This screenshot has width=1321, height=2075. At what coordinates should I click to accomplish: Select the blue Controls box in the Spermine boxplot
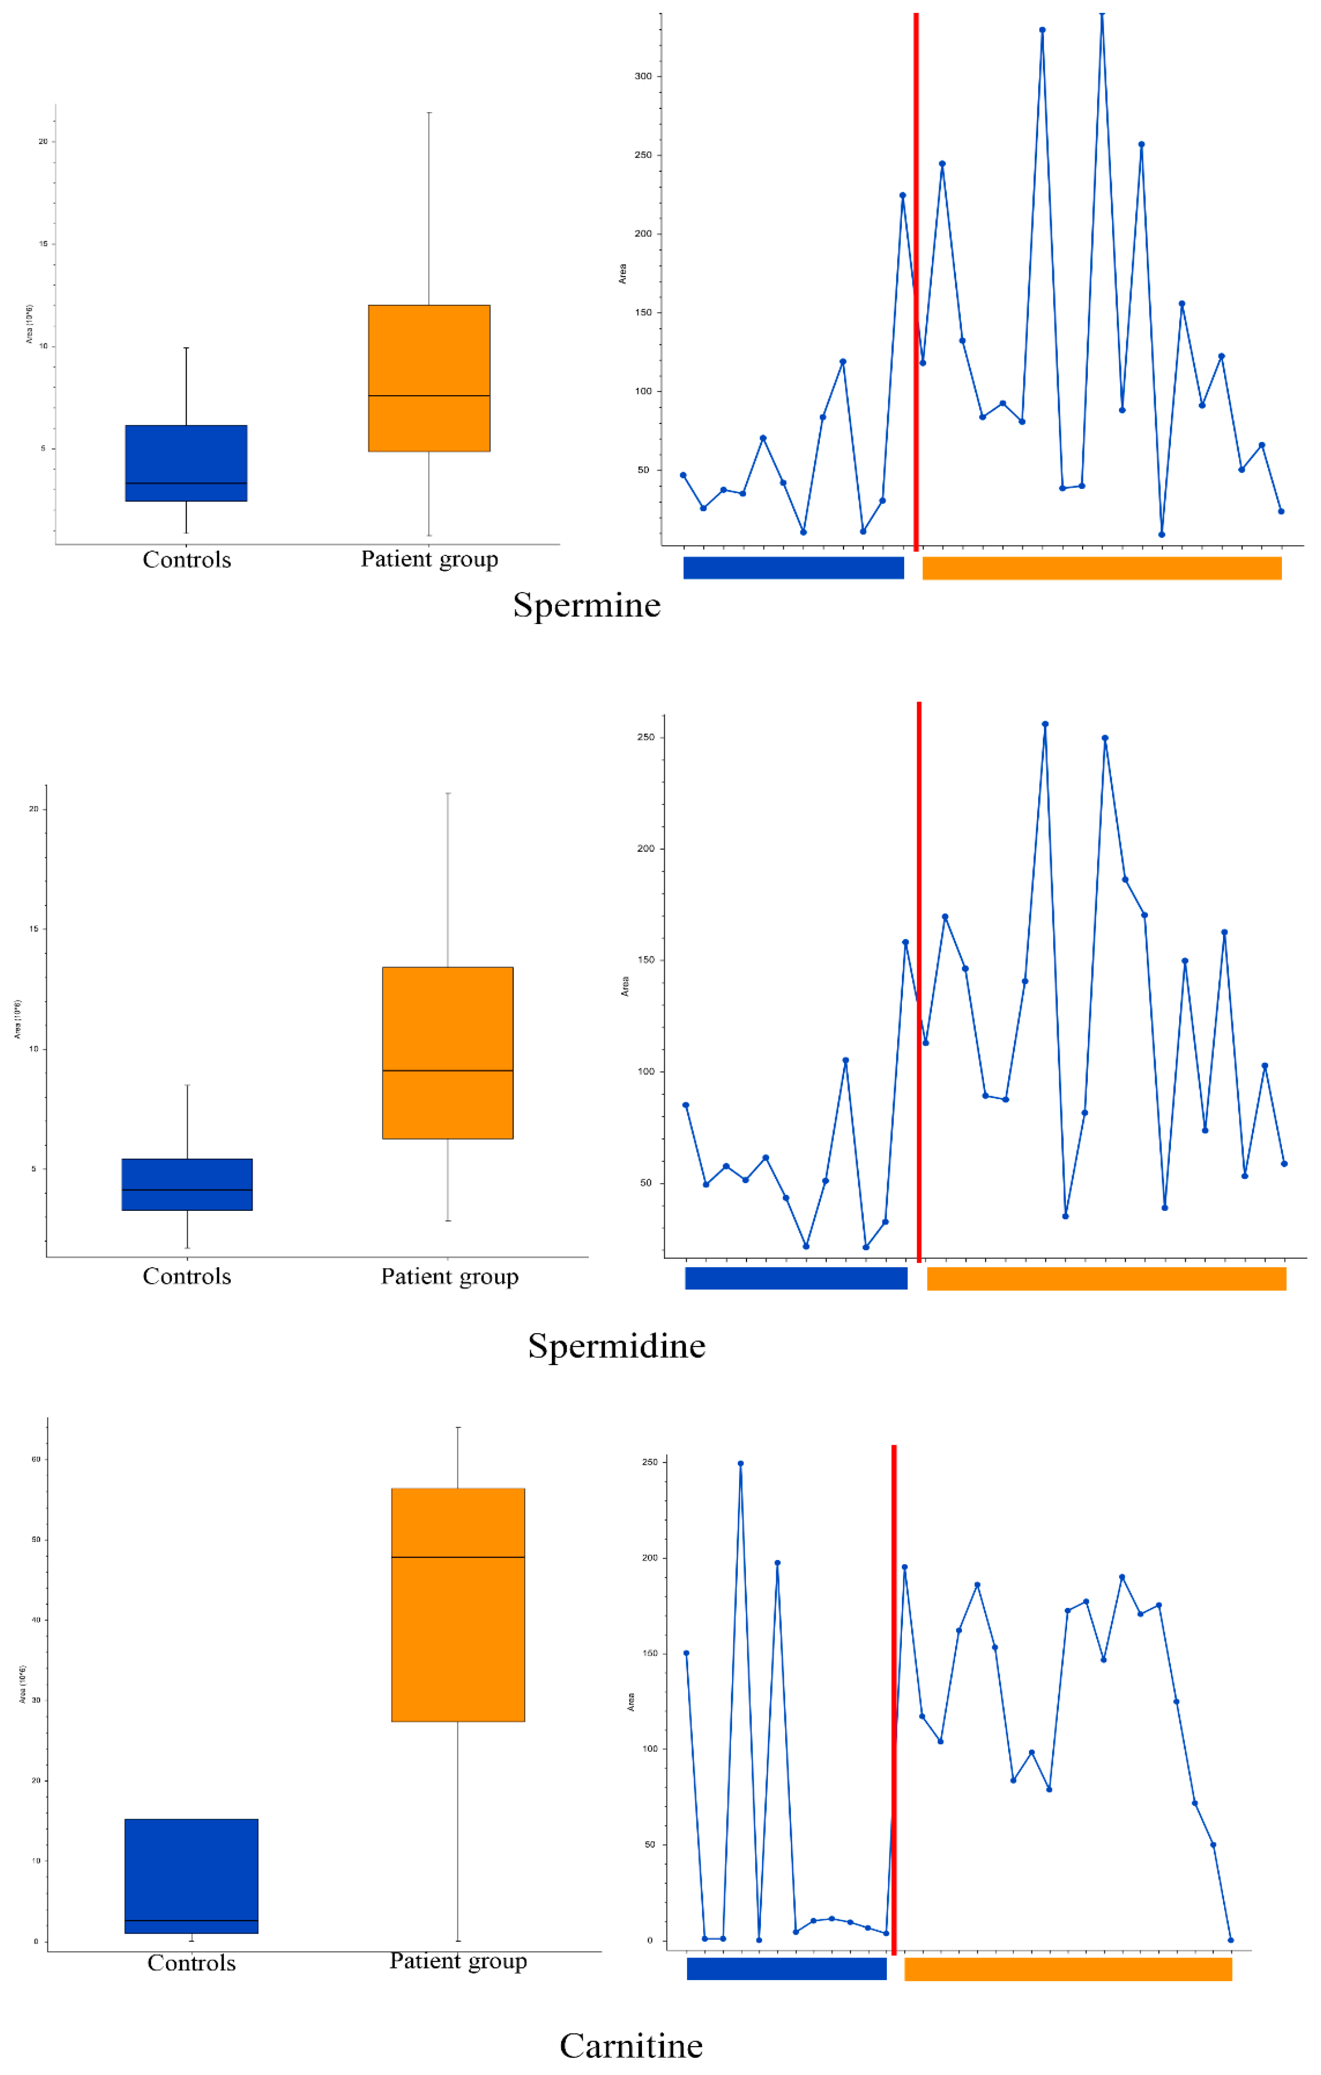[186, 463]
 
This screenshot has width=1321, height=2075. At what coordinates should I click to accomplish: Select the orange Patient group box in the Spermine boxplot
[429, 378]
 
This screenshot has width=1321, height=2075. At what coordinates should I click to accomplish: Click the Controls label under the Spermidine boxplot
[187, 1276]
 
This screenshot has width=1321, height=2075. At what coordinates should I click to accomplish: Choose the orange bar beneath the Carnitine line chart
[1068, 1969]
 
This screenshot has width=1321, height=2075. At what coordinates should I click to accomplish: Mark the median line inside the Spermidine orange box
[447, 1070]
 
